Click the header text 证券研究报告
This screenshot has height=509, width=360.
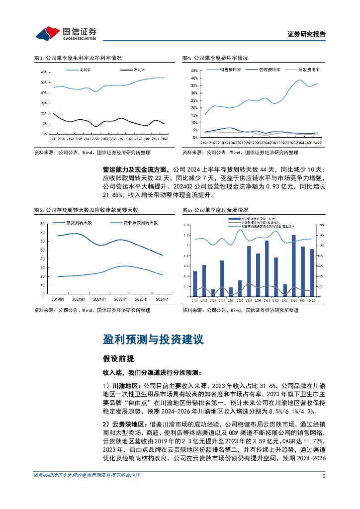pyautogui.click(x=307, y=35)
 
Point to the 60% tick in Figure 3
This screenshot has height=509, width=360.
pyautogui.click(x=44, y=73)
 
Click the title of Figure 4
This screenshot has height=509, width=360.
pyautogui.click(x=214, y=58)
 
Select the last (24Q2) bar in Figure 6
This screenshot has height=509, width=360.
pyautogui.click(x=312, y=272)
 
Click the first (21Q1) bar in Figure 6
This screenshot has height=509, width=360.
pyautogui.click(x=195, y=283)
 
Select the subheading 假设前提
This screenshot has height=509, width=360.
pyautogui.click(x=117, y=358)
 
